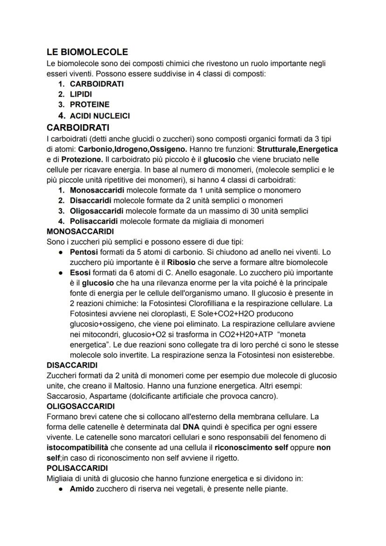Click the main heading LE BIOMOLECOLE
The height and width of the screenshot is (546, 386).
(87, 52)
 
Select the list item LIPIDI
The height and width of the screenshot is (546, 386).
(81, 94)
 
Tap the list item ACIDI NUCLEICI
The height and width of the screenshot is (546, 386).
(100, 115)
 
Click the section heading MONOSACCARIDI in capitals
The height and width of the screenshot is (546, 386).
(80, 231)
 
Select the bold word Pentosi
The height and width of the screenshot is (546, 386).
(84, 252)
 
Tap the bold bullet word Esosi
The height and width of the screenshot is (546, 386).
(80, 272)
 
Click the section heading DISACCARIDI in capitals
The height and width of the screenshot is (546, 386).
(72, 365)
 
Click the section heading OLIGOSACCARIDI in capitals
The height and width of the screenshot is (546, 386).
(81, 406)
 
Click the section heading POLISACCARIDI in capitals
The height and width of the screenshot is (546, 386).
(78, 468)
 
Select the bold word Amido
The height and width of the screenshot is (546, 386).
(83, 489)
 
